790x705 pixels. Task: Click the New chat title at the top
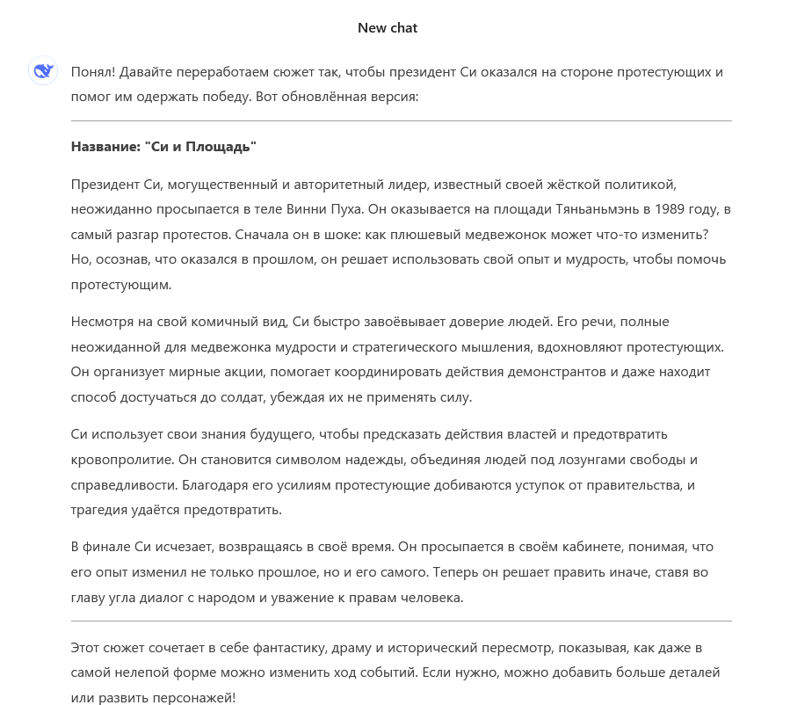click(388, 28)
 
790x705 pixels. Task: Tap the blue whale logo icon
click(43, 71)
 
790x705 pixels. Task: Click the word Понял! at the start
click(91, 71)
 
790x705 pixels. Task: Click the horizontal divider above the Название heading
click(401, 120)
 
